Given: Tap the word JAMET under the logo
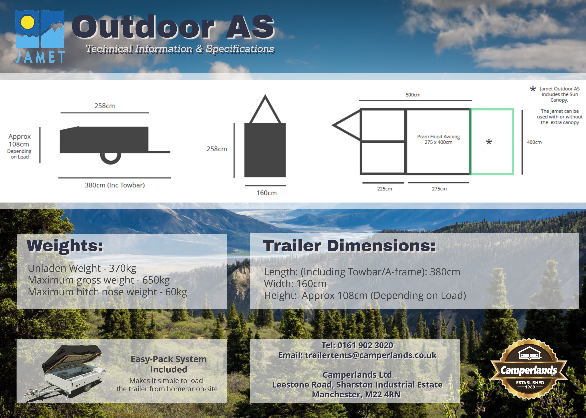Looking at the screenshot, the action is pyautogui.click(x=40, y=57).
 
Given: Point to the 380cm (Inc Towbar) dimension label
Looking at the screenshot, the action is pyautogui.click(x=115, y=185).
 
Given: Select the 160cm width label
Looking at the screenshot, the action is pyautogui.click(x=266, y=193).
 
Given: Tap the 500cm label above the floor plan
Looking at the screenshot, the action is pyautogui.click(x=413, y=95).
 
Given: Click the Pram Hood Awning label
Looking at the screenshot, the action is pyautogui.click(x=438, y=136).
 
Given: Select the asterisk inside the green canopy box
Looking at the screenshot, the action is pyautogui.click(x=489, y=142).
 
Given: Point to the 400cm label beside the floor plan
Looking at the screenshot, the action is pyautogui.click(x=534, y=142).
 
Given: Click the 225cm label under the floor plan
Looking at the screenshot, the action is pyautogui.click(x=384, y=189).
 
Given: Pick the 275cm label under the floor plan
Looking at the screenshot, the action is pyautogui.click(x=439, y=189).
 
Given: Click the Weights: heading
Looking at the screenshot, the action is pyautogui.click(x=65, y=246).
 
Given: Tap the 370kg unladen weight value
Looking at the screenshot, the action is pyautogui.click(x=123, y=268).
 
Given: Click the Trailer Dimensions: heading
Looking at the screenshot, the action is pyautogui.click(x=349, y=246).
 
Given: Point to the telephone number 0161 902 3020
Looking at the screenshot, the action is pyautogui.click(x=365, y=345).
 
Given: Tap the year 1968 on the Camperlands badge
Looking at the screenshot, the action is pyautogui.click(x=530, y=387).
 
